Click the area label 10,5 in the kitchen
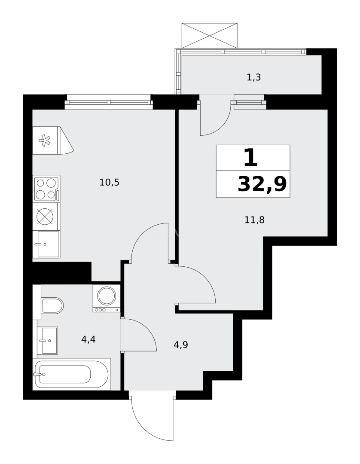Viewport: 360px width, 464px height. click(x=109, y=183)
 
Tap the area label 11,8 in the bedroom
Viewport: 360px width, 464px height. click(x=254, y=220)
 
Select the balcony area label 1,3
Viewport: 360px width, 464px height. click(x=254, y=78)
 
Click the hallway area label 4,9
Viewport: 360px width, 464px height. click(x=181, y=345)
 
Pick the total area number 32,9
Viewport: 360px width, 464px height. click(x=262, y=185)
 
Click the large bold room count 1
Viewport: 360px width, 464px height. click(x=250, y=158)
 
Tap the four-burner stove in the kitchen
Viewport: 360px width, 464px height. click(x=46, y=189)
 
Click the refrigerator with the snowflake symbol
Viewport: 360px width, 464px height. click(x=46, y=140)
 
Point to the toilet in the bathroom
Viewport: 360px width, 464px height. click(x=52, y=305)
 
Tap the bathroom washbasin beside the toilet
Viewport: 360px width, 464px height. click(x=48, y=341)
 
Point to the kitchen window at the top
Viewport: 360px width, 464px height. click(x=109, y=102)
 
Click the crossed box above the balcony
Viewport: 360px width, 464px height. click(x=210, y=36)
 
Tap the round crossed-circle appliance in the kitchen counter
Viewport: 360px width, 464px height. click(x=45, y=217)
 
